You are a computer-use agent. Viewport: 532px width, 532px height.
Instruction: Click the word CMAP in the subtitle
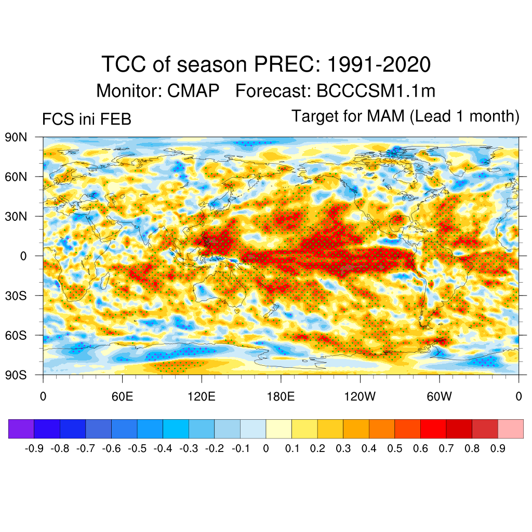point(193,91)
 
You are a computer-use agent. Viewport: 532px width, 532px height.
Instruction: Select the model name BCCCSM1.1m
point(376,91)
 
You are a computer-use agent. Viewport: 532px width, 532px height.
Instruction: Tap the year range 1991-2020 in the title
point(379,65)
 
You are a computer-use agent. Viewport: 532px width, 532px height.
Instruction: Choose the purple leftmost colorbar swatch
point(21,429)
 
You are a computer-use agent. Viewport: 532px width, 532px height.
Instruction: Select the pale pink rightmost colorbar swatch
point(510,429)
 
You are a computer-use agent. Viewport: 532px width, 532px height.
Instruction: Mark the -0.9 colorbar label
point(34,449)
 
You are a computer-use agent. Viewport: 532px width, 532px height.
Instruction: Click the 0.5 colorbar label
point(395,449)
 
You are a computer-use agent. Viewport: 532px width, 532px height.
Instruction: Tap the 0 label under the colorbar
point(266,449)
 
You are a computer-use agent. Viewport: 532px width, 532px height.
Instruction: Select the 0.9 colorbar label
point(498,449)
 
